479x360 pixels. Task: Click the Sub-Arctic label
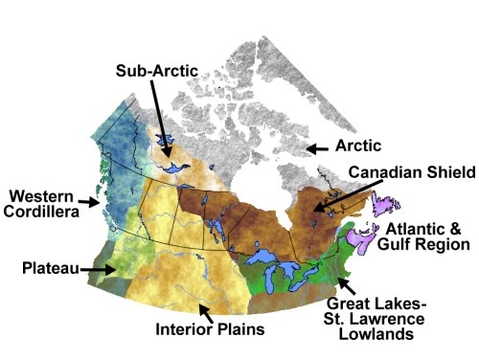coord(156,72)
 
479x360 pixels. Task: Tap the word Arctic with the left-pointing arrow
coord(358,146)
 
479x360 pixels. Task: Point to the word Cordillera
coord(43,212)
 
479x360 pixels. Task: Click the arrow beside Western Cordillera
coord(92,202)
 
